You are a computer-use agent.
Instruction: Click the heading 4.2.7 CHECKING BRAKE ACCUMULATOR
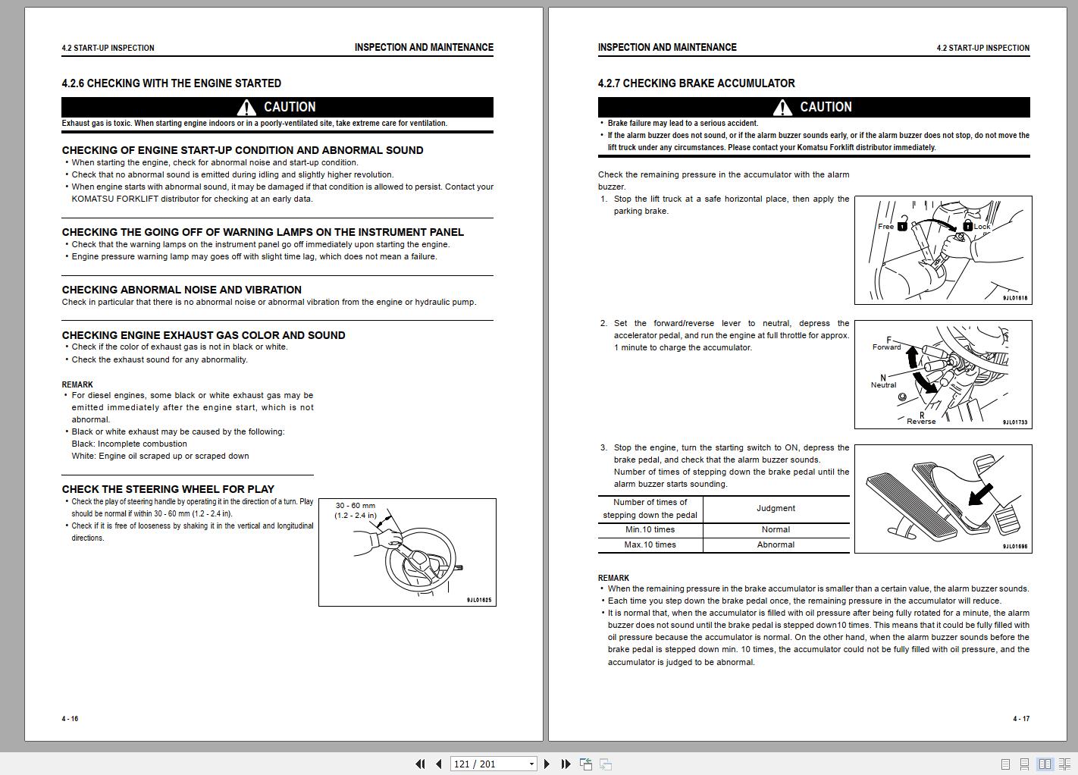696,83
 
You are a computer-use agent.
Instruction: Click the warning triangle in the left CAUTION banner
246,108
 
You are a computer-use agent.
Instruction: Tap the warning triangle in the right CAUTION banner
782,108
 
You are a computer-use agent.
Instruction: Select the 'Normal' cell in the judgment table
776,530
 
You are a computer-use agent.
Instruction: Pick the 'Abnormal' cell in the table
776,545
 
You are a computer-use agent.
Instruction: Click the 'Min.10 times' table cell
650,530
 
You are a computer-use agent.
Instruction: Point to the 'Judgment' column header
776,509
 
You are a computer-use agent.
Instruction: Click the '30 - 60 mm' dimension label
355,506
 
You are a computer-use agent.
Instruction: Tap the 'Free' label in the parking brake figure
885,226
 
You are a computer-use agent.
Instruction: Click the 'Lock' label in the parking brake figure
982,227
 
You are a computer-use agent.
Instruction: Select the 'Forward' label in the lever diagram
886,347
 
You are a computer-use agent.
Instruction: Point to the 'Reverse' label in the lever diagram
921,422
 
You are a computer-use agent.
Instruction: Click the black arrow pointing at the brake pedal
980,496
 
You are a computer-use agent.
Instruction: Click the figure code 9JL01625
479,600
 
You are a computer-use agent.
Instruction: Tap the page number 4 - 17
1020,719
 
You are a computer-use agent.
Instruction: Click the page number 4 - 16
70,719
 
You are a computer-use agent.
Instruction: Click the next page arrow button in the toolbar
547,764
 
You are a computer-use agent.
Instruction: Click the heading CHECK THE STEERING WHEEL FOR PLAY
168,489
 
